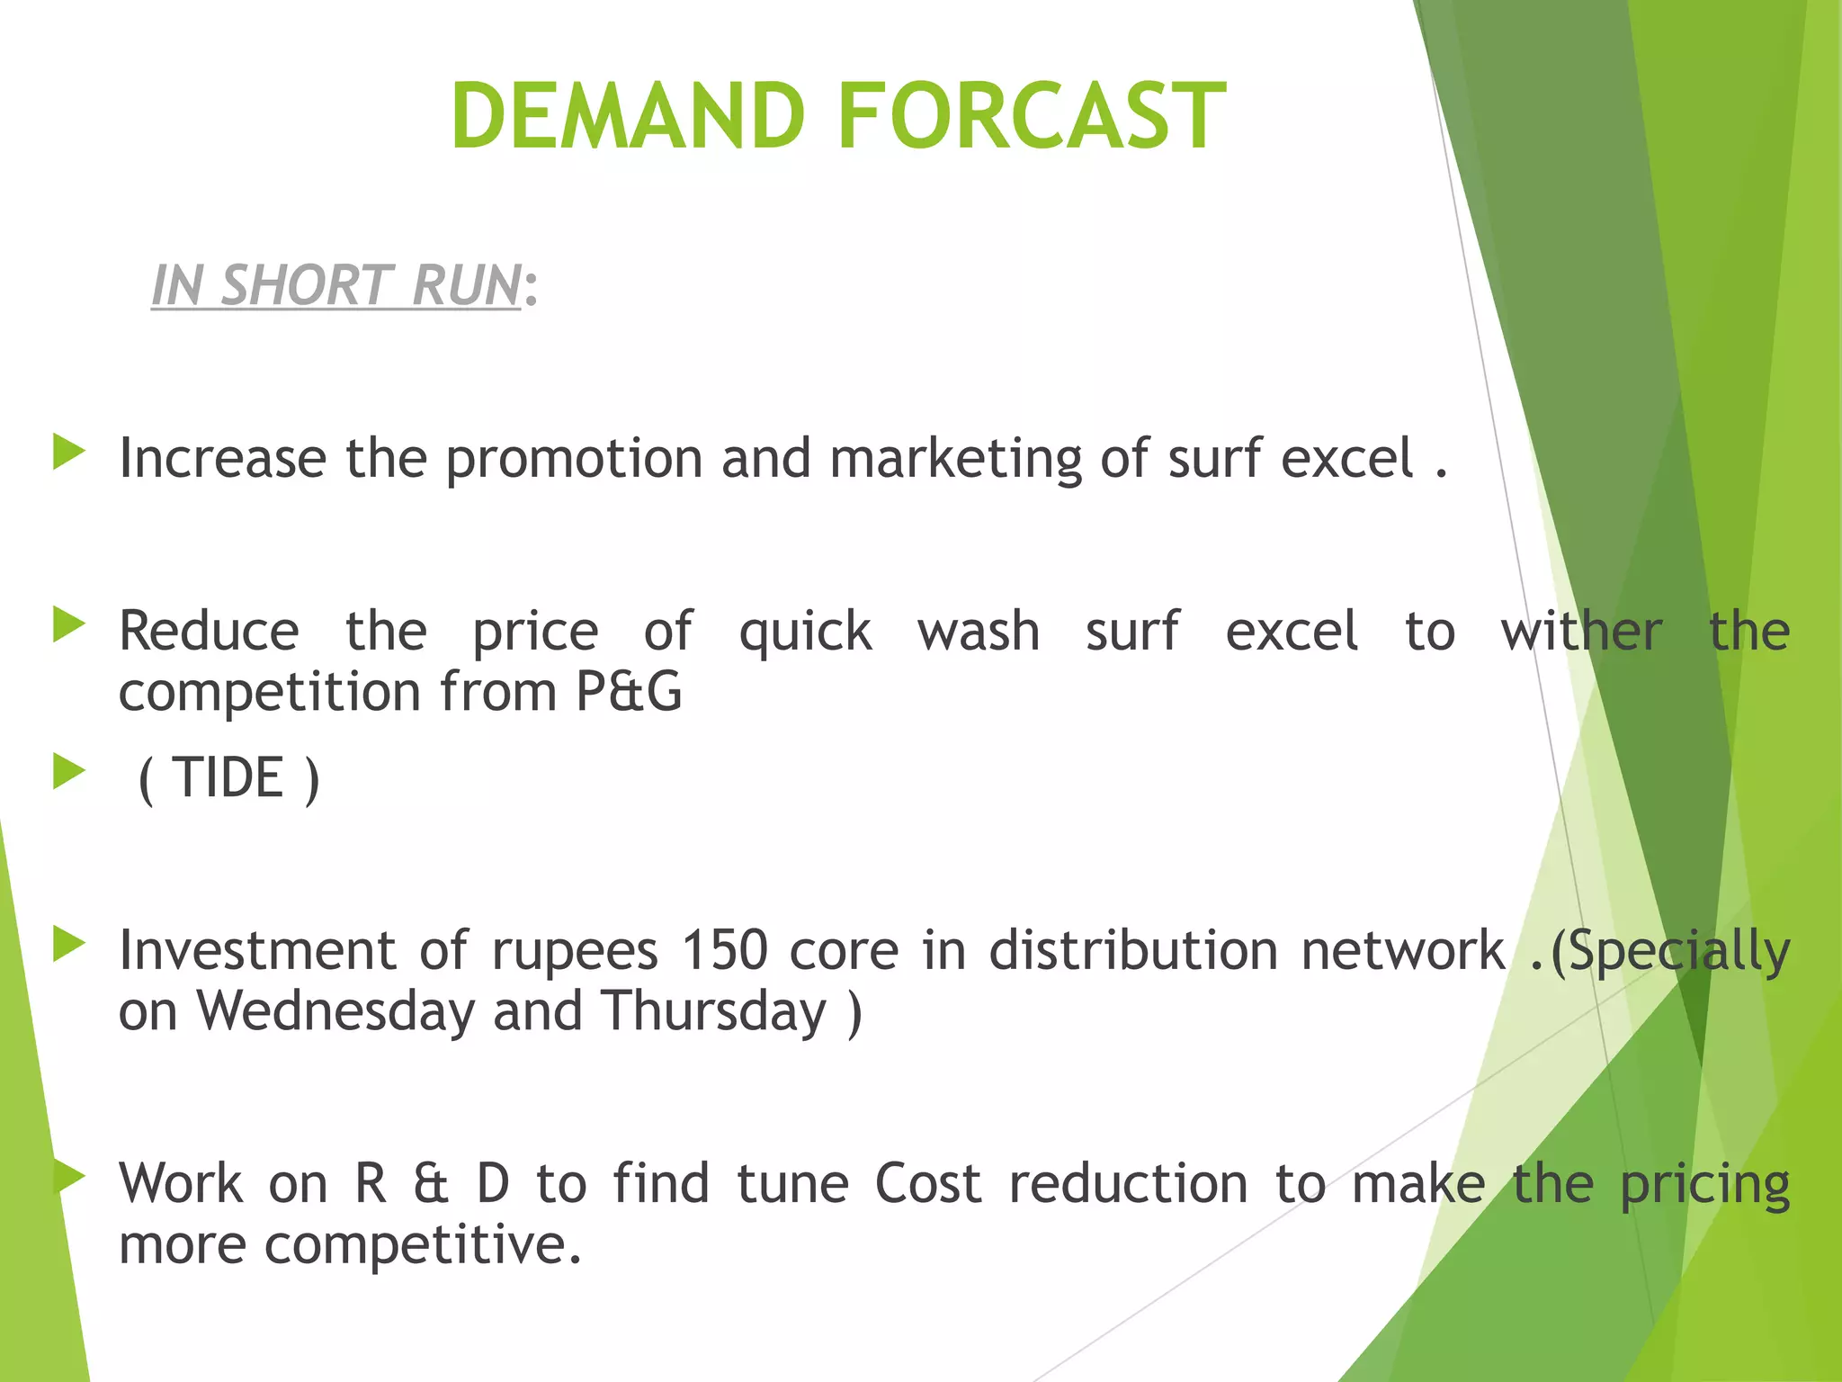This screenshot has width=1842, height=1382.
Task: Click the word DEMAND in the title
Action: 628,116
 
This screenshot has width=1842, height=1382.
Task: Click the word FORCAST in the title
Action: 1032,116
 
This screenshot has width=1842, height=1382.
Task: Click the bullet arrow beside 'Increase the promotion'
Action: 68,452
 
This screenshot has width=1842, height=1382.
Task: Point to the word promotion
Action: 574,459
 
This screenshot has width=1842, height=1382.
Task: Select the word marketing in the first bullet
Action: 955,459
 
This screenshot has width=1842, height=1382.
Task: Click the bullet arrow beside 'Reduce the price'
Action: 68,624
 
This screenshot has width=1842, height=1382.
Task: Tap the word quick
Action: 805,632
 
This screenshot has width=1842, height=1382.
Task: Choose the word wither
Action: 1580,632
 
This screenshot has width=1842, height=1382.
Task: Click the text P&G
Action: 629,692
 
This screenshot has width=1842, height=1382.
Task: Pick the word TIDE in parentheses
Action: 228,778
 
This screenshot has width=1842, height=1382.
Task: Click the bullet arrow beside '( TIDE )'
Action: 68,771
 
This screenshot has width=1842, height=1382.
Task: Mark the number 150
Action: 724,951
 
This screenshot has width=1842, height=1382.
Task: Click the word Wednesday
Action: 335,1011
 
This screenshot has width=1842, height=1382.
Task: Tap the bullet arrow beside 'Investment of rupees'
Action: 68,944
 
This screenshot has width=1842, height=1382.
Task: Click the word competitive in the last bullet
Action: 423,1246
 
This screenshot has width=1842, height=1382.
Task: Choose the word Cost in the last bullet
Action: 927,1184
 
